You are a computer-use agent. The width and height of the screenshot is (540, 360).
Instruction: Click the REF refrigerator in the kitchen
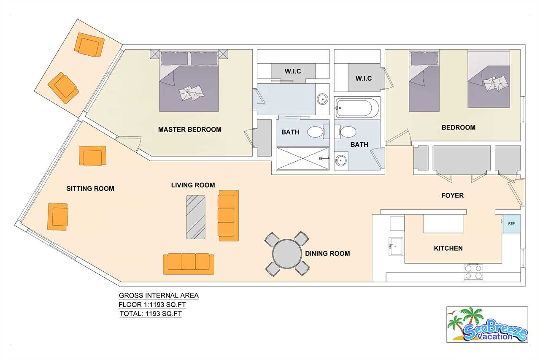pos(511,224)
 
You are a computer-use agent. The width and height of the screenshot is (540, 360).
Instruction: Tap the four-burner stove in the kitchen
pos(473,272)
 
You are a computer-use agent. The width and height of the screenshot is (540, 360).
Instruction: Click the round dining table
pos(287,254)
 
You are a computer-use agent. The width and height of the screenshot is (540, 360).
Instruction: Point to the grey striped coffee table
pos(196,217)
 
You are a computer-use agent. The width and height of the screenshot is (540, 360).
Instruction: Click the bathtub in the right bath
pos(356,108)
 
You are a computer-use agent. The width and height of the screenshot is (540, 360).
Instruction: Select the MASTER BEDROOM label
pos(190,130)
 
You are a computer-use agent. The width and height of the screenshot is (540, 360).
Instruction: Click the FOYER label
pos(453,195)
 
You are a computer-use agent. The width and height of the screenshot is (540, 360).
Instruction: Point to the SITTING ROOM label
pos(90,188)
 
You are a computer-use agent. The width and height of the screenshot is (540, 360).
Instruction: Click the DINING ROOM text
pos(327,253)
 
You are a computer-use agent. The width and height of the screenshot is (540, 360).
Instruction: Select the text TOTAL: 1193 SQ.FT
pos(151,314)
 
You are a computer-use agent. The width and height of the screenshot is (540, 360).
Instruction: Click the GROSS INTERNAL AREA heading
pos(159,295)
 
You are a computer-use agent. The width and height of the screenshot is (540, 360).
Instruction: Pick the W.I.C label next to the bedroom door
pos(364,78)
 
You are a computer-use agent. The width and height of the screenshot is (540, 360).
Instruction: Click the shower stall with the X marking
pos(303,158)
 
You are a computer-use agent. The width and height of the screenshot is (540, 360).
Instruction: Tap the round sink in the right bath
pos(340,160)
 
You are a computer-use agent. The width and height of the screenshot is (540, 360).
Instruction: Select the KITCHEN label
pos(448,248)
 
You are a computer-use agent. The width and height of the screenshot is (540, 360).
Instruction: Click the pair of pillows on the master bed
pos(192,93)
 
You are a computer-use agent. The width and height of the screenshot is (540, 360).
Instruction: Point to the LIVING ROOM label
pos(193,185)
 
